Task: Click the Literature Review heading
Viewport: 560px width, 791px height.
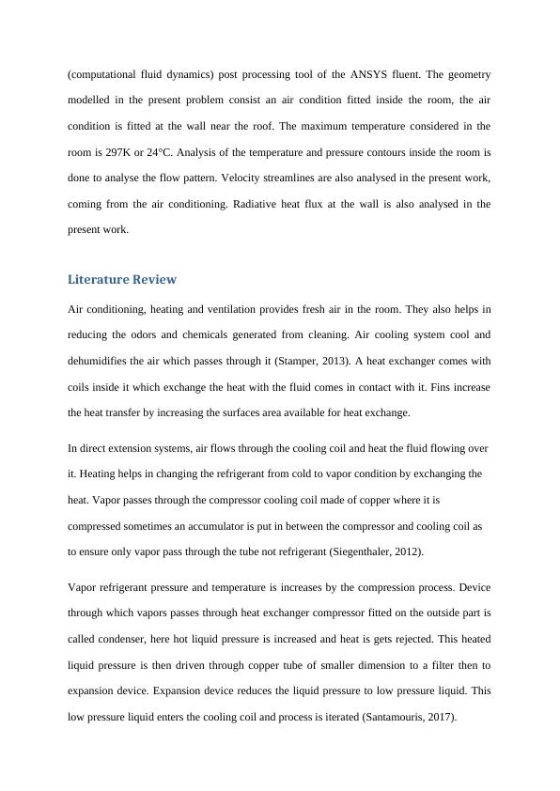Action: point(122,280)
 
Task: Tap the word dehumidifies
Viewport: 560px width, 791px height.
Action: point(105,361)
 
